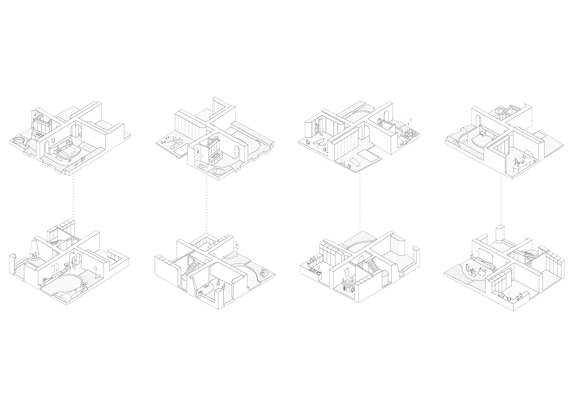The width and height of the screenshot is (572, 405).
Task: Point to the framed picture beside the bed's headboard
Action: (x=53, y=140)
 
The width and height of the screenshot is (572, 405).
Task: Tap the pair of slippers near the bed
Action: (x=69, y=160)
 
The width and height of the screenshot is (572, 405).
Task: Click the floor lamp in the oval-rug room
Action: (x=96, y=272)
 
